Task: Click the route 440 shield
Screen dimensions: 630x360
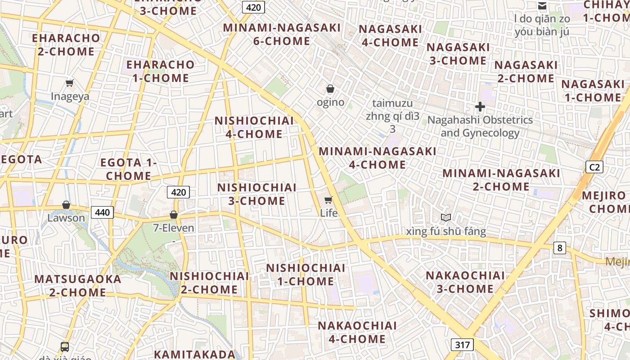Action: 103,212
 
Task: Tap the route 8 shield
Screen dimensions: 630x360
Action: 559,247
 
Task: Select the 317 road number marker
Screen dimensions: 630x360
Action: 462,345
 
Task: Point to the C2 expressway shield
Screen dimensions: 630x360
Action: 594,167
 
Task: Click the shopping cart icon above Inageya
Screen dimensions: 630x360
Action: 70,83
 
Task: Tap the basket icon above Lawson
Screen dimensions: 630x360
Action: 66,205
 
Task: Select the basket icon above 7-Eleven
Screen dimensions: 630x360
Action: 174,215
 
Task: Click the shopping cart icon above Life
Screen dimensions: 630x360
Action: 328,200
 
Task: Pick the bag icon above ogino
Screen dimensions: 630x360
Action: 330,89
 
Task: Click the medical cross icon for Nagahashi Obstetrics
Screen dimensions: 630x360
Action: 480,107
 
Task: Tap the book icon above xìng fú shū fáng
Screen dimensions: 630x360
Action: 446,218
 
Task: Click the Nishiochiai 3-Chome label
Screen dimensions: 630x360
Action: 257,194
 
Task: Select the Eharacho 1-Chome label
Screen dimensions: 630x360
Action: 161,71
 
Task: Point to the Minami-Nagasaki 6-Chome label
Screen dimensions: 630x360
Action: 282,34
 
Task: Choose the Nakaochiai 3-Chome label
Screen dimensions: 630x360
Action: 465,282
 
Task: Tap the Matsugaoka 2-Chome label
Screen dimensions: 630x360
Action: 78,285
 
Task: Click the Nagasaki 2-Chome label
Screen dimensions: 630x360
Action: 526,72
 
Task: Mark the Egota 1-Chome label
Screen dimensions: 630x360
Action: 128,169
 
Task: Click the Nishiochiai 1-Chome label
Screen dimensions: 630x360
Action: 306,274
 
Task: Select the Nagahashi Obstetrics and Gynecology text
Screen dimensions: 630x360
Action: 480,126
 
